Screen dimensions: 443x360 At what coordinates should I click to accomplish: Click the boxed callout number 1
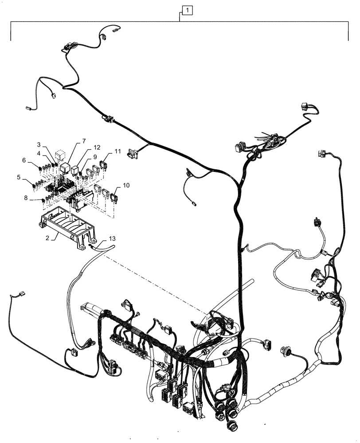[188, 9]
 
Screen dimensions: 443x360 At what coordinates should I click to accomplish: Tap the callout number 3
[39, 145]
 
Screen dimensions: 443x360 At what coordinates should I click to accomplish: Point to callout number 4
[39, 153]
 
